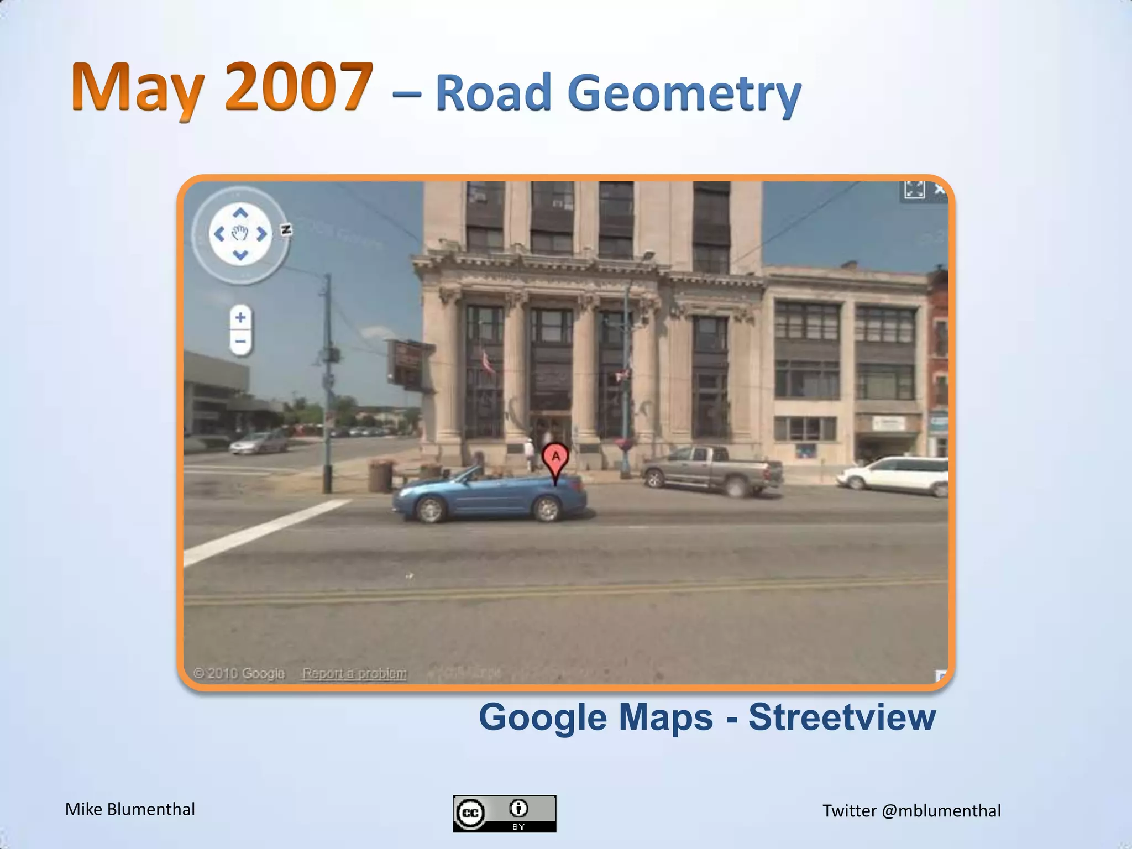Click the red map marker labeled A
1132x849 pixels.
(555, 458)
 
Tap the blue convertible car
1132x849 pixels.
(489, 495)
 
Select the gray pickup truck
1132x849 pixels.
(712, 469)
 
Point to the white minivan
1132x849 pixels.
(895, 475)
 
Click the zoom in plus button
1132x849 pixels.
(240, 318)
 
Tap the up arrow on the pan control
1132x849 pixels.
(240, 213)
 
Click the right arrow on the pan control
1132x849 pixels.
(262, 234)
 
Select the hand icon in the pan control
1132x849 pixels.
(240, 234)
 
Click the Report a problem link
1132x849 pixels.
(354, 673)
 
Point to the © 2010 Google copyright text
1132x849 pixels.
(239, 673)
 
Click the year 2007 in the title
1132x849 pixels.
(298, 87)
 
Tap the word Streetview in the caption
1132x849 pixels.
(842, 717)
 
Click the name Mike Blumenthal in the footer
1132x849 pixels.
(130, 809)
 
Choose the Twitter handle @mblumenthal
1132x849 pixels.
(941, 810)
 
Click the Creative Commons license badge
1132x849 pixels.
(504, 813)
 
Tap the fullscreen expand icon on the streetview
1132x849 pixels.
(914, 190)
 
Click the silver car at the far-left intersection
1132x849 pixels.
(259, 442)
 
